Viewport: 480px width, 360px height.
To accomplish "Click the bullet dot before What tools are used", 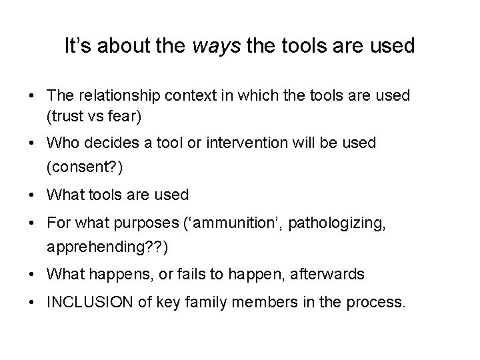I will (x=32, y=195).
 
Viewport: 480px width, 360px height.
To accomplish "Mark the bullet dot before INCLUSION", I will (x=32, y=302).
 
